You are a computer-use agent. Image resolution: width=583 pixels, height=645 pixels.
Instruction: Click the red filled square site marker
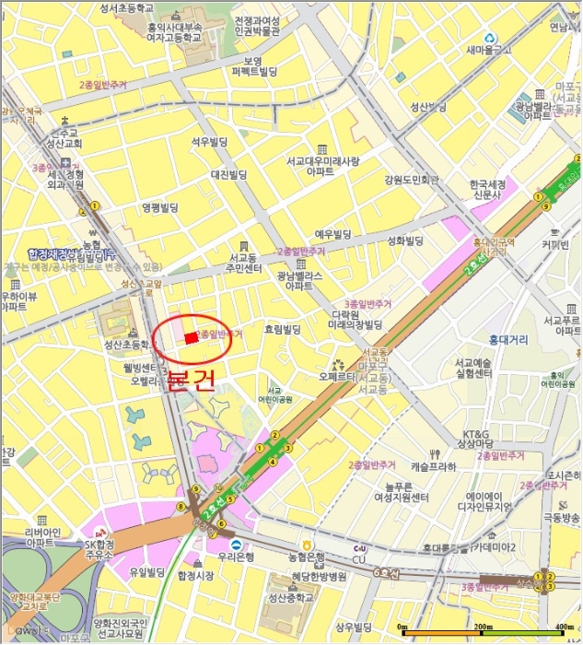point(190,338)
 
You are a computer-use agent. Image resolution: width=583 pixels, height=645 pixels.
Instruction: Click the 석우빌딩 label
point(207,141)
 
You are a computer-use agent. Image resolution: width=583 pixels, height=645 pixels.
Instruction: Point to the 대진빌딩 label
point(228,174)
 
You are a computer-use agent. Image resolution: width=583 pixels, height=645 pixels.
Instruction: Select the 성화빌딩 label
point(404,241)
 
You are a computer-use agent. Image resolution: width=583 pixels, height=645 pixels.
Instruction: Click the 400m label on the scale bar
point(559,628)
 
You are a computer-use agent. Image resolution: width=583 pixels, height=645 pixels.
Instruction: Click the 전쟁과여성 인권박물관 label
point(257,26)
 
